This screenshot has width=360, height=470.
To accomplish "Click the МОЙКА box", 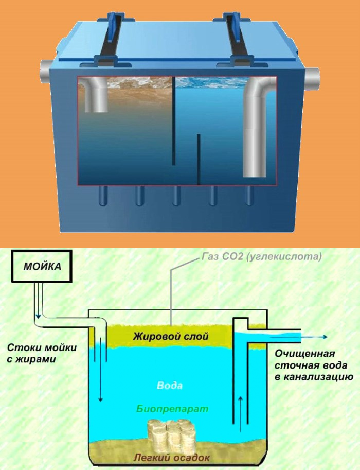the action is click(42, 267).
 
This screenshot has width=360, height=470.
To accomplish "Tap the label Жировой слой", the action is click(171, 336).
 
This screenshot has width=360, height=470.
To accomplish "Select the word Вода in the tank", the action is click(170, 385).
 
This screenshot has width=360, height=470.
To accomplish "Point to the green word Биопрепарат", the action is click(172, 409).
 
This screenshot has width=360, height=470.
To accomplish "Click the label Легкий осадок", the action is click(171, 458).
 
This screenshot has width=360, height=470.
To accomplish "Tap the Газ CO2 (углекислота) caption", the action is click(261, 257).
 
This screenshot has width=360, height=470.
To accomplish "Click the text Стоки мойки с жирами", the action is click(42, 353).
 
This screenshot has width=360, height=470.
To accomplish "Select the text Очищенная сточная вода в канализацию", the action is click(314, 365).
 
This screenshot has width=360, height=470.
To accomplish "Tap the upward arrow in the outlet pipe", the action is click(240, 414).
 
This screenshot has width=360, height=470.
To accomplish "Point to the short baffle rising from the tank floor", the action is click(199, 160).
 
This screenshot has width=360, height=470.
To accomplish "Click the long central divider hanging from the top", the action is click(174, 120).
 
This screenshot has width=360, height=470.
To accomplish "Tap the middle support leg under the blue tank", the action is click(176, 196).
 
